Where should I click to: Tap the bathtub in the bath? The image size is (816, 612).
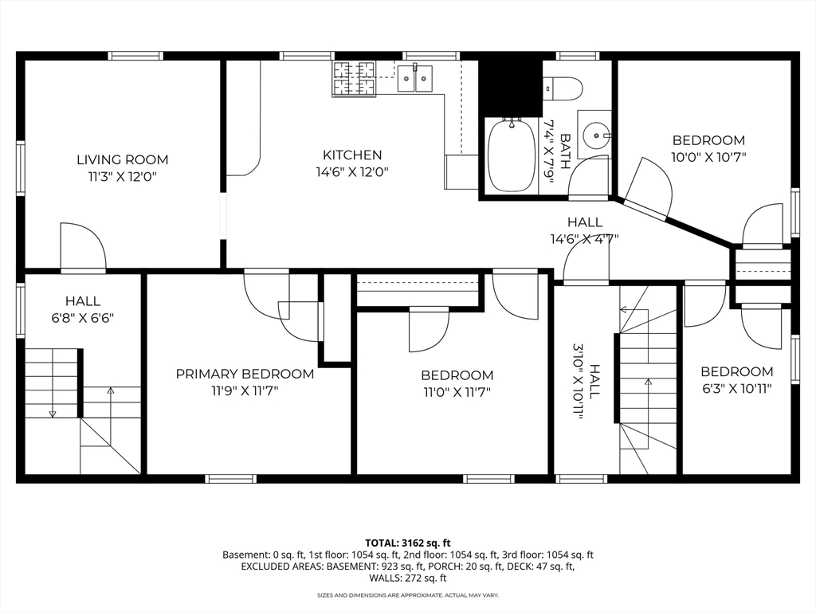click(x=512, y=155)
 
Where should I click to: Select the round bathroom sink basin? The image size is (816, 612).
click(x=594, y=135)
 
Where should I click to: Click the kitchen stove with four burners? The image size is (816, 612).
click(x=354, y=79)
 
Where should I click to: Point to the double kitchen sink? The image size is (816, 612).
click(x=414, y=78)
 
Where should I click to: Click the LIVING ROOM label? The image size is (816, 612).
click(x=123, y=159)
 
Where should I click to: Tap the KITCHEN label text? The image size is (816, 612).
click(x=352, y=155)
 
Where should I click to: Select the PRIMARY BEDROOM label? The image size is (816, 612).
click(x=245, y=374)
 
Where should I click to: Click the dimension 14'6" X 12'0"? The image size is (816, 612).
click(x=352, y=171)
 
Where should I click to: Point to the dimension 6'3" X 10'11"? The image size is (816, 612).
click(x=736, y=388)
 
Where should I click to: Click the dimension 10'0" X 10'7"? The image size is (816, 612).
click(x=708, y=157)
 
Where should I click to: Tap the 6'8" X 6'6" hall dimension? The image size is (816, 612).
click(x=83, y=317)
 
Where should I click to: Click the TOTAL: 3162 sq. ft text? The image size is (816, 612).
click(x=407, y=543)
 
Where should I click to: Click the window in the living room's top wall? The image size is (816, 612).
click(x=135, y=56)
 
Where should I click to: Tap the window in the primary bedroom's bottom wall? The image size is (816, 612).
click(x=230, y=479)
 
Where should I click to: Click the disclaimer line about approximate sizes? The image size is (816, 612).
click(x=408, y=594)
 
